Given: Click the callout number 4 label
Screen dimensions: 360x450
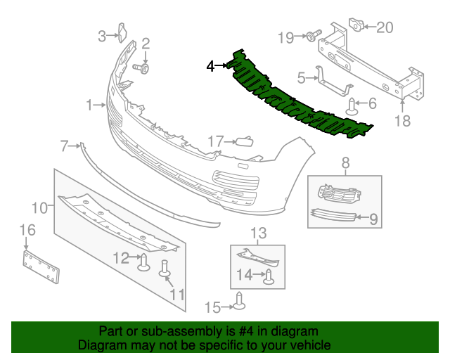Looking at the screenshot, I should coord(210,67).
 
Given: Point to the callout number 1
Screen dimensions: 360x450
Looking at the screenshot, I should coord(90,105).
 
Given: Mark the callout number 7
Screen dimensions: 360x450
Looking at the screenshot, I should coord(64,146).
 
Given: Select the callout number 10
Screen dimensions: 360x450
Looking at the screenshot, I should coord(39,207).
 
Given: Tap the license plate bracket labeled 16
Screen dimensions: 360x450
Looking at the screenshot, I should coord(41,266).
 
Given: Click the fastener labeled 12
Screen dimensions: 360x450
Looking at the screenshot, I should coord(144,262).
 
